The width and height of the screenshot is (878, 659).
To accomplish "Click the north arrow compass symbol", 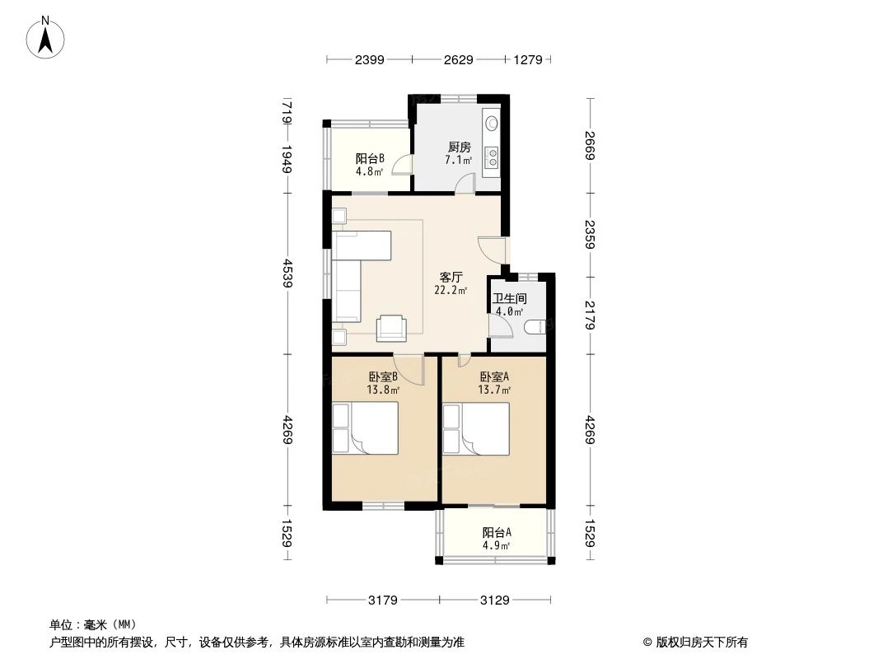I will coord(48,37).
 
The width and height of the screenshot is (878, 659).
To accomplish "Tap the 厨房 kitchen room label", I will coord(459,147).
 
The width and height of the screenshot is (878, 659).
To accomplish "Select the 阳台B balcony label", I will coord(370,159).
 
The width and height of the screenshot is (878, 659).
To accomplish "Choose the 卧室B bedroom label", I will coord(383,377).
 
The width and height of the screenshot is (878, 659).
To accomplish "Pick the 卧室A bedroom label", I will coord(495,377).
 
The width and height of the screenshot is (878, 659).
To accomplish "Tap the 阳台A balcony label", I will coord(496,532).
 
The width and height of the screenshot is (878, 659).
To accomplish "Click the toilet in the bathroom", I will coord(534,329).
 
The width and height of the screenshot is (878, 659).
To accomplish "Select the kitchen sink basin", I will coord(492,124).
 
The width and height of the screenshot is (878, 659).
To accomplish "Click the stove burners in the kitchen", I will coord(492,156).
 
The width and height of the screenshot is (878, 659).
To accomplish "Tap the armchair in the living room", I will coord(391,328).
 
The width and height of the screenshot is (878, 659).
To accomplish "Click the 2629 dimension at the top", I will coord(459,59).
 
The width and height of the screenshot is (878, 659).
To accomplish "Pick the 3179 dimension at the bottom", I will coord(382,601).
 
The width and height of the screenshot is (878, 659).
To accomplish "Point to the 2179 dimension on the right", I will coord(591,314).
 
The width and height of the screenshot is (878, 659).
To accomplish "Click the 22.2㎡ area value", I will coord(451,290).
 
